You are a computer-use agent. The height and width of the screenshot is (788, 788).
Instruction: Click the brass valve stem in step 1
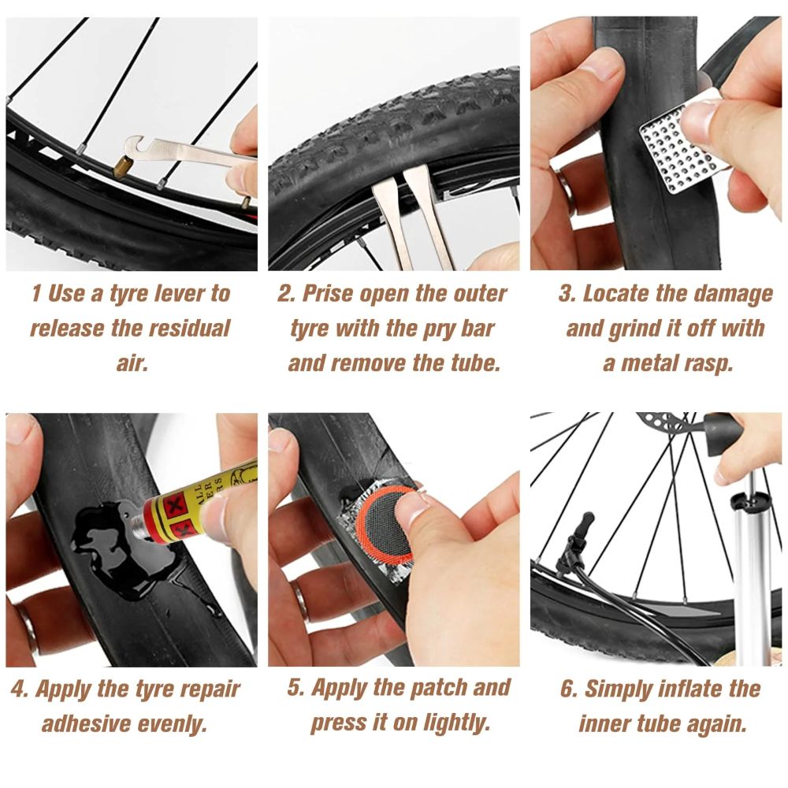point(123,166)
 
